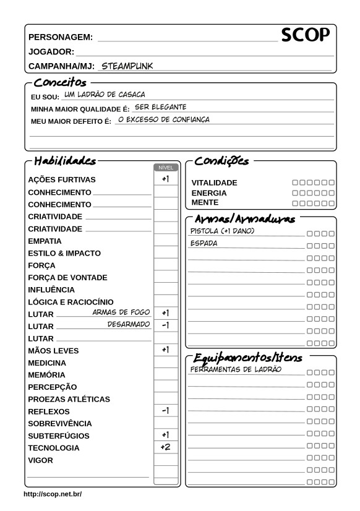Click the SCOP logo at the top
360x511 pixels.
click(305, 36)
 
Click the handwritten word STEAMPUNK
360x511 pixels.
click(127, 65)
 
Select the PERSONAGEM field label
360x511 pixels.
click(61, 37)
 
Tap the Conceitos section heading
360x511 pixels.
click(59, 82)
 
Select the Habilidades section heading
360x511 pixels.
click(64, 161)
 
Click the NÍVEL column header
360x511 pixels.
click(165, 167)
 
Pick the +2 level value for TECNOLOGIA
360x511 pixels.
click(165, 447)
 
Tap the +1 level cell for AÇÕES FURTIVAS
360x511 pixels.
click(165, 179)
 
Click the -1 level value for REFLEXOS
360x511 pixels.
click(165, 410)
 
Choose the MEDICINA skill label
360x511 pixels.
click(47, 363)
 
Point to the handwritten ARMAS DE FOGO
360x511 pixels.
click(121, 312)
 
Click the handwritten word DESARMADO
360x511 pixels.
click(129, 324)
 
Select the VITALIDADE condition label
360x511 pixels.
click(214, 183)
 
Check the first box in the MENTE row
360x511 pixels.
click(295, 203)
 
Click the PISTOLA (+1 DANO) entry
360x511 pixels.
click(222, 231)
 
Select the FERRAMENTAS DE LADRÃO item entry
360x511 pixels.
click(236, 369)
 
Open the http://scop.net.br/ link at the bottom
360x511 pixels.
click(52, 494)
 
